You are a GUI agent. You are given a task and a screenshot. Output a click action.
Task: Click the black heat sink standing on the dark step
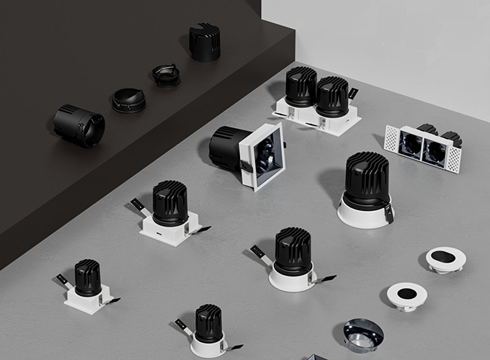pyautogui.click(x=204, y=42)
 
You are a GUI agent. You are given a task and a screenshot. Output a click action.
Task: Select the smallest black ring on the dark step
pyautogui.click(x=166, y=75)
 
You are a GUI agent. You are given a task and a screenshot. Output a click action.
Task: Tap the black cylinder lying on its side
pyautogui.click(x=79, y=125)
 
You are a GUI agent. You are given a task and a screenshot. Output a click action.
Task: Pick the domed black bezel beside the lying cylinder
pyautogui.click(x=128, y=100)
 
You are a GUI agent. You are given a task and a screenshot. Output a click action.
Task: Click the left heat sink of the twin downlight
pyautogui.click(x=300, y=87)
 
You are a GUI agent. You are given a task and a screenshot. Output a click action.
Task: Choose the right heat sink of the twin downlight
pyautogui.click(x=332, y=96)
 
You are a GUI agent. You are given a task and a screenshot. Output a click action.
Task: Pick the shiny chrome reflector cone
pyautogui.click(x=363, y=335)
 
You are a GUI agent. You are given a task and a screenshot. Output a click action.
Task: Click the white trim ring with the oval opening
pyautogui.click(x=445, y=259)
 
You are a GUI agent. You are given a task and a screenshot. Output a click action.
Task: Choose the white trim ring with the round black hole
pyautogui.click(x=407, y=294)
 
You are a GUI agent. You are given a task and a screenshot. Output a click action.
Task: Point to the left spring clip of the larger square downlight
pyautogui.click(x=139, y=206)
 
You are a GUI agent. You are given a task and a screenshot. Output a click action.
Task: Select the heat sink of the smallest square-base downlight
pyautogui.click(x=88, y=277)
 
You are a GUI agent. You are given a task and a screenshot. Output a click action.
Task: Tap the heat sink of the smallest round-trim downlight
pyautogui.click(x=208, y=323)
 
